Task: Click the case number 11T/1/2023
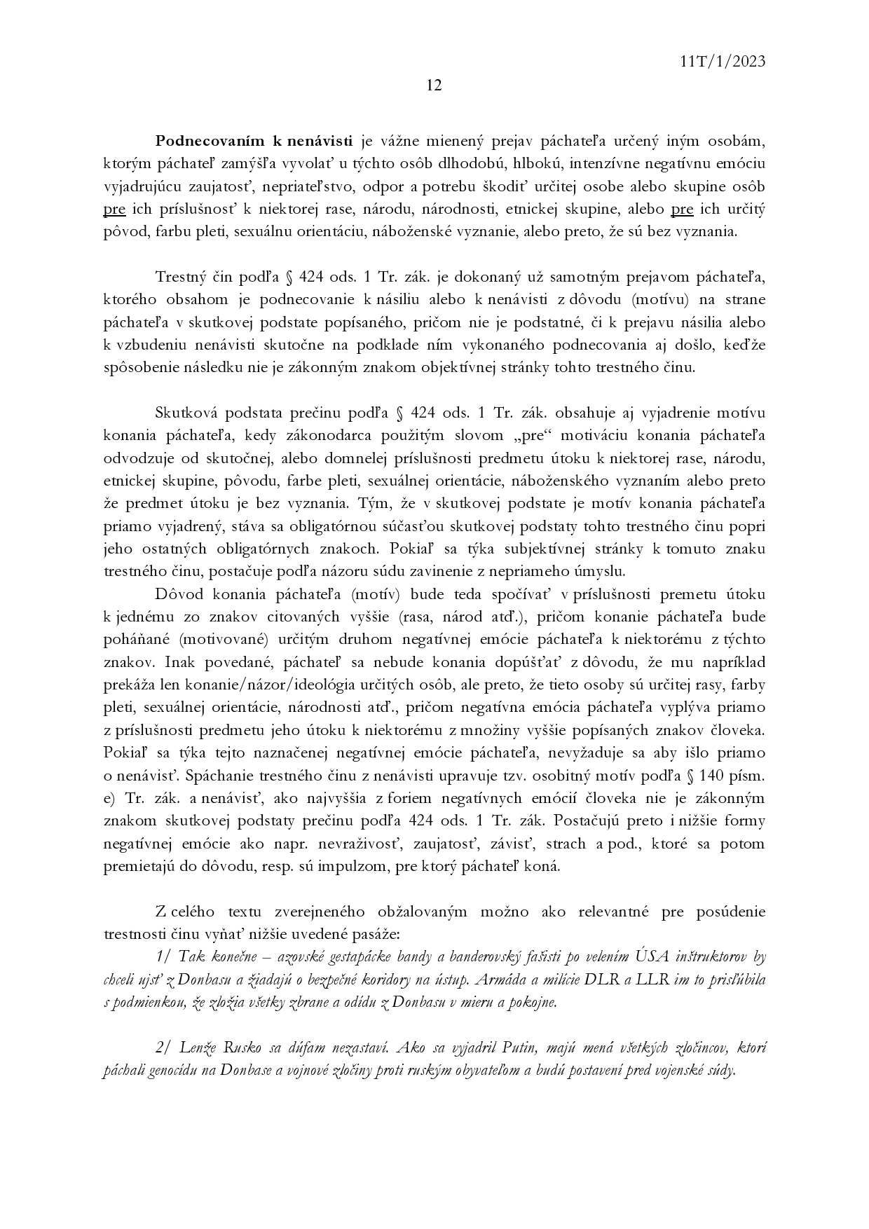click(x=722, y=62)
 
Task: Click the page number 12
click(x=434, y=85)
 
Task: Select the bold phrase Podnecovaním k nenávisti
click(x=255, y=142)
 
